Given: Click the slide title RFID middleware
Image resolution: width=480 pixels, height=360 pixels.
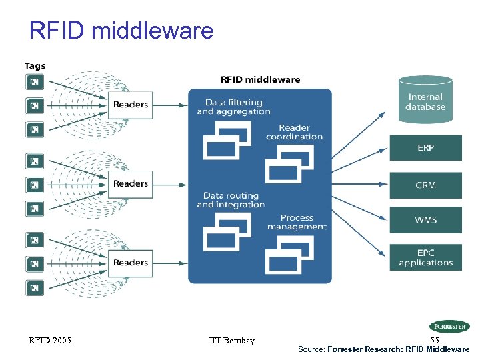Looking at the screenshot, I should coord(121,31).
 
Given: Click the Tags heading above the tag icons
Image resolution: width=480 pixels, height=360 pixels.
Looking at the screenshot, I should coord(35,65).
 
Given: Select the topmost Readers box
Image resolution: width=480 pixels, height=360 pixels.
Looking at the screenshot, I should coord(131,105).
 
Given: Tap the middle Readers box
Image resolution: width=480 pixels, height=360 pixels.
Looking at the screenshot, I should coord(131,183).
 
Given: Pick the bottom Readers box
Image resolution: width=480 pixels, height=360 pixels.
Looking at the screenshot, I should coord(131,263).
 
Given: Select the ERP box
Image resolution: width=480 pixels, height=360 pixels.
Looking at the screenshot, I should coord(425,148).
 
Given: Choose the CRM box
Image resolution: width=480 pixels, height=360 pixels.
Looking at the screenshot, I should coord(425,185).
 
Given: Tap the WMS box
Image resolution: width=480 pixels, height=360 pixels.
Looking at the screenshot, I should coord(425,220).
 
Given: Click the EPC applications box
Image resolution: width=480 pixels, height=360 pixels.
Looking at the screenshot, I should coord(425,257).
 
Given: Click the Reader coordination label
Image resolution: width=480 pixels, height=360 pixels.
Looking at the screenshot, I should coord(294,132).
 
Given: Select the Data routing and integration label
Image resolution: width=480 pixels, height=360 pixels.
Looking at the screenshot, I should coord(231,200).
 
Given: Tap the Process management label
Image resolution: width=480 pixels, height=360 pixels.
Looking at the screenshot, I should coord(297,222).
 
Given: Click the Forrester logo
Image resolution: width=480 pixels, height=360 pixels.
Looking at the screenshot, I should coord(449,327).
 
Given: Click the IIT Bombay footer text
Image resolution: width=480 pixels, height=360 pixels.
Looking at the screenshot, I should coord(231,341).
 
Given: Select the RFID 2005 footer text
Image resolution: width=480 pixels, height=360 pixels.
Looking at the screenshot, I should coord(49,341).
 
